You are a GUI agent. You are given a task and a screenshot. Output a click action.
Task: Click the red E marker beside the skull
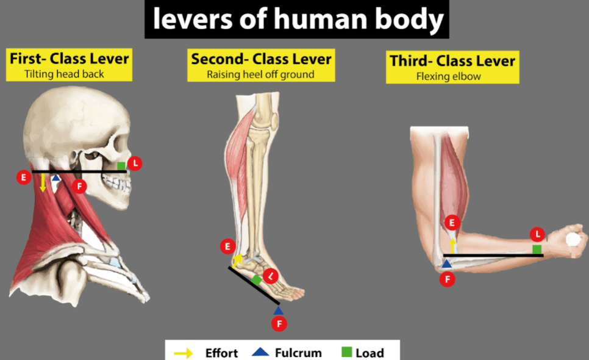coord(24,177)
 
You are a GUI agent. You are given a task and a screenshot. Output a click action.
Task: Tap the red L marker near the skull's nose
coord(135,164)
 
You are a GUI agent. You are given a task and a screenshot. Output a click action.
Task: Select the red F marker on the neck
coord(79,186)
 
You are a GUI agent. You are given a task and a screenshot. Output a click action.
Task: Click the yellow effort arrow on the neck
coord(43,182)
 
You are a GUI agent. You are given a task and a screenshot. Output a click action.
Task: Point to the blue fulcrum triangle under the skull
coord(56,178)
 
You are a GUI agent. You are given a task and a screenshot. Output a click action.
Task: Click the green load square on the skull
coord(121,166)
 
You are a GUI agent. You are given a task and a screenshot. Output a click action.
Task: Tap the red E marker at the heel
coord(227,247)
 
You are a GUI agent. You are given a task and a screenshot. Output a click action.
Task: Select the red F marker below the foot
coord(279,324)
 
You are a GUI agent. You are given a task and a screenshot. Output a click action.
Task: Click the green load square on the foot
coord(257,280)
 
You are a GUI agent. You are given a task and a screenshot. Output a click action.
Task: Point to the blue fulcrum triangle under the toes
coord(279,311)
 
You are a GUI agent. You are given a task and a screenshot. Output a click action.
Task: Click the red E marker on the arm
coord(452,223)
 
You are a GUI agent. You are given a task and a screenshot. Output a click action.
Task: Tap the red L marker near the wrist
coord(538,234)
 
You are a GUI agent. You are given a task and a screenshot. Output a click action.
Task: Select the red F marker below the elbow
coord(448,279)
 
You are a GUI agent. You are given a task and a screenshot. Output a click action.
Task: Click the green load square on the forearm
coord(537,249)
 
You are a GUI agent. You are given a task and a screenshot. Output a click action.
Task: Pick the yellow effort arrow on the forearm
coord(452,246)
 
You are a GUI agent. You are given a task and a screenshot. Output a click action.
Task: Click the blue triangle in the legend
coord(260,352)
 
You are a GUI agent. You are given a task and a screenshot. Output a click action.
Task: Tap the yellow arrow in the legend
coord(184,353)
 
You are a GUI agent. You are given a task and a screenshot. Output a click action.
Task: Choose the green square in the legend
coord(347,352)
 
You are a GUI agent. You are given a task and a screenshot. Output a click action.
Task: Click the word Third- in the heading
coord(411,61)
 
